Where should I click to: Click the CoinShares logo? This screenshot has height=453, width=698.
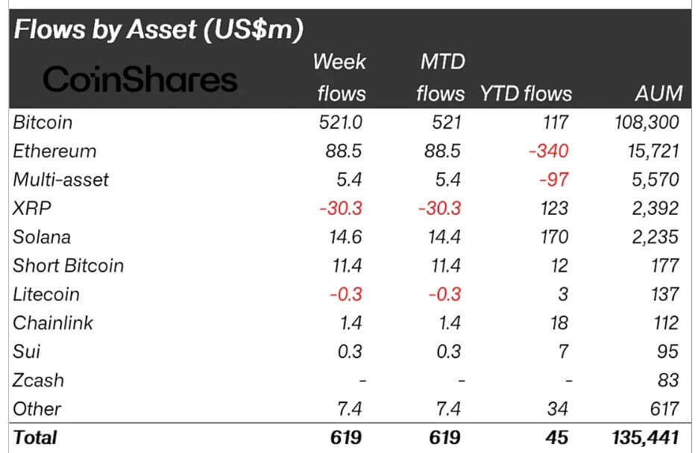[x=139, y=79]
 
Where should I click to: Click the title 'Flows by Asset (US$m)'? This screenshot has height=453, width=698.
[x=158, y=29]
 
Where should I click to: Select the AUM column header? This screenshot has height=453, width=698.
[x=655, y=93]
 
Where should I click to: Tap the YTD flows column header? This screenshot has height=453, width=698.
[x=526, y=93]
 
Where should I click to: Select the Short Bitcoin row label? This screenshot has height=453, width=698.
[x=69, y=266]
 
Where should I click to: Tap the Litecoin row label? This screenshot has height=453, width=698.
[x=46, y=294]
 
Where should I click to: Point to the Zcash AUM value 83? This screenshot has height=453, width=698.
[x=667, y=381]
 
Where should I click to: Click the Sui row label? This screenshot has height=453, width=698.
[x=27, y=352]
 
